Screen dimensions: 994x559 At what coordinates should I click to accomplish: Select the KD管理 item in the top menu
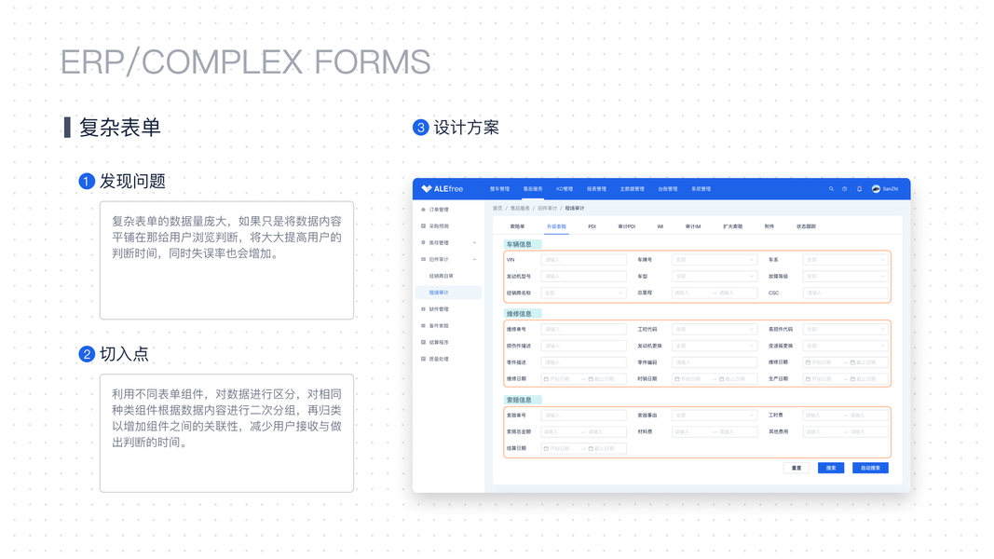pyautogui.click(x=565, y=189)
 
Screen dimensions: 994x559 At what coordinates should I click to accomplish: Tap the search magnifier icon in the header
pyautogui.click(x=831, y=189)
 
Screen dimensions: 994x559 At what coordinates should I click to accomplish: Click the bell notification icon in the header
pyautogui.click(x=859, y=189)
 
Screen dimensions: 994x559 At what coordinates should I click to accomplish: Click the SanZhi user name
pyautogui.click(x=891, y=189)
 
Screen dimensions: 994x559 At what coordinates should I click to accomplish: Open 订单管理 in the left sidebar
pyautogui.click(x=438, y=210)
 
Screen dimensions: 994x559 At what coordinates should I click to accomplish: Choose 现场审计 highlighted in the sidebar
pyautogui.click(x=439, y=293)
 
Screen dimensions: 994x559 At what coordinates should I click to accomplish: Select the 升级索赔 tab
pyautogui.click(x=556, y=226)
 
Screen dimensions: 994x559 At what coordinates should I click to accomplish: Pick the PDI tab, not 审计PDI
pyautogui.click(x=592, y=226)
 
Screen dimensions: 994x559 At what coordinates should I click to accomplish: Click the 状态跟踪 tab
pyautogui.click(x=806, y=226)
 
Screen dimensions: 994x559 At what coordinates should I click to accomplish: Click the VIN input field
pyautogui.click(x=583, y=260)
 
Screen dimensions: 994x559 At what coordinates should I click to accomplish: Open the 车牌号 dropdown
pyautogui.click(x=715, y=260)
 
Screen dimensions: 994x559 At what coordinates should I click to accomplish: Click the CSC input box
pyautogui.click(x=844, y=293)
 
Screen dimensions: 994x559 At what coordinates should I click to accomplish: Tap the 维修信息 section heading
pyautogui.click(x=519, y=314)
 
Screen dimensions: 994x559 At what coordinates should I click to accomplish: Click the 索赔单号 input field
pyautogui.click(x=583, y=416)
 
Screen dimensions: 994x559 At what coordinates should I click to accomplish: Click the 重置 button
pyautogui.click(x=797, y=468)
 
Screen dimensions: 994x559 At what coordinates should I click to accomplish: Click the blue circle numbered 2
pyautogui.click(x=87, y=354)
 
